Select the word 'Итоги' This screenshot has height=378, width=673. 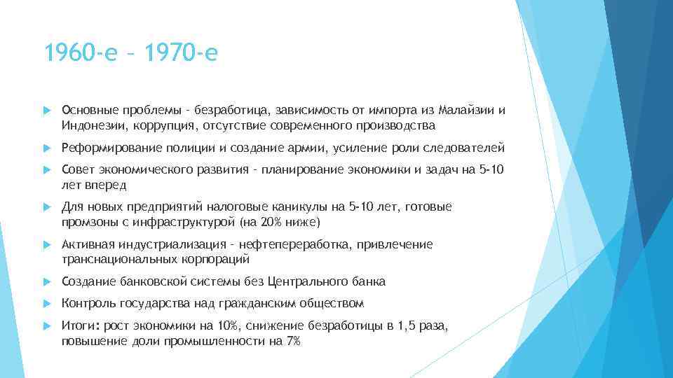click(78, 325)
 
